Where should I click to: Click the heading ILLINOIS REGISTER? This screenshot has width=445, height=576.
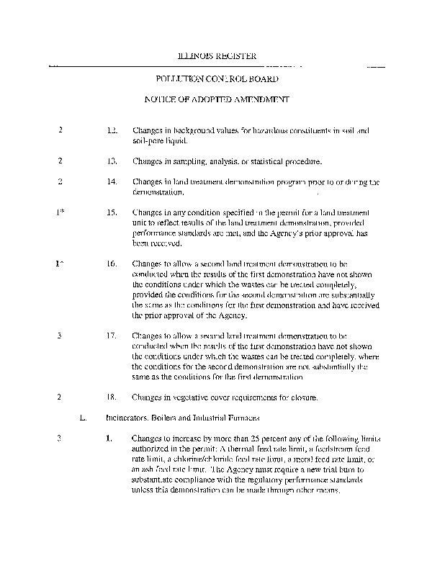click(x=217, y=56)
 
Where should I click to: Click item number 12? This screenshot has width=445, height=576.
click(x=112, y=131)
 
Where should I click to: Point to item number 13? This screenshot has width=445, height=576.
click(x=112, y=161)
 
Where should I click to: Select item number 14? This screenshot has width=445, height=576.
click(x=112, y=182)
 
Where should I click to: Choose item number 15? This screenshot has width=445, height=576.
click(x=112, y=214)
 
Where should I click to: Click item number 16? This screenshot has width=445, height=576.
click(x=112, y=264)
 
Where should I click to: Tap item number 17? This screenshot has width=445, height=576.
click(x=112, y=336)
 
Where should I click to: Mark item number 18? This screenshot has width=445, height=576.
click(x=112, y=397)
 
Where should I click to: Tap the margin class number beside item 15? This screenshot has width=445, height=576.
click(x=60, y=214)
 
